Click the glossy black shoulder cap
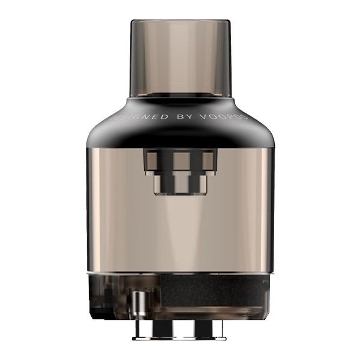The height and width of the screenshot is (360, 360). click(179, 129)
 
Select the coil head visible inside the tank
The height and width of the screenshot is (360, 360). click(180, 171)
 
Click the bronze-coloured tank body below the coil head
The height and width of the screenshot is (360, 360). click(179, 234)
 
